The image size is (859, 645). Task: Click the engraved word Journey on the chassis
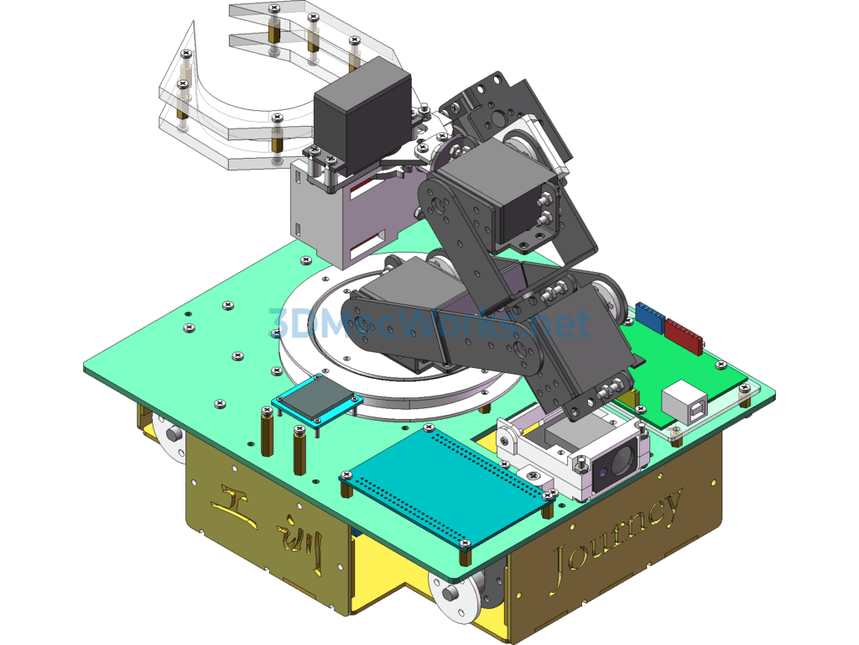click(617, 537)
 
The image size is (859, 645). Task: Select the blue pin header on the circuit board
click(649, 316)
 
